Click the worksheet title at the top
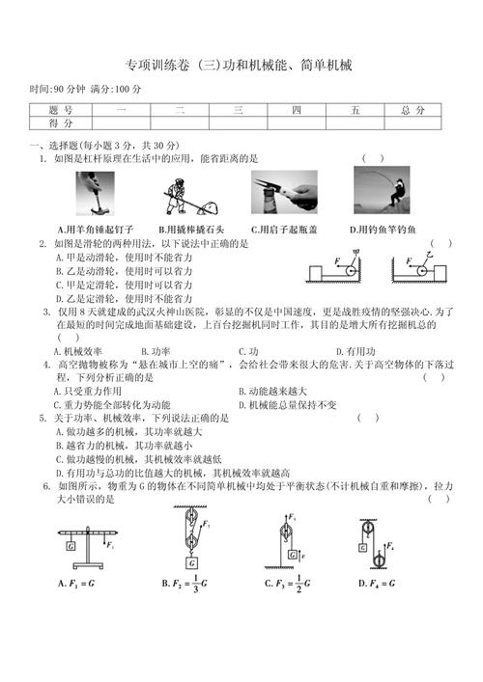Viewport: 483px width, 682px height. click(x=241, y=66)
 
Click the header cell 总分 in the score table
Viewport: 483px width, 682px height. click(x=411, y=111)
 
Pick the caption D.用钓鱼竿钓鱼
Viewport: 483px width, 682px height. click(x=383, y=230)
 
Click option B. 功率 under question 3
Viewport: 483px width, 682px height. click(x=155, y=352)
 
